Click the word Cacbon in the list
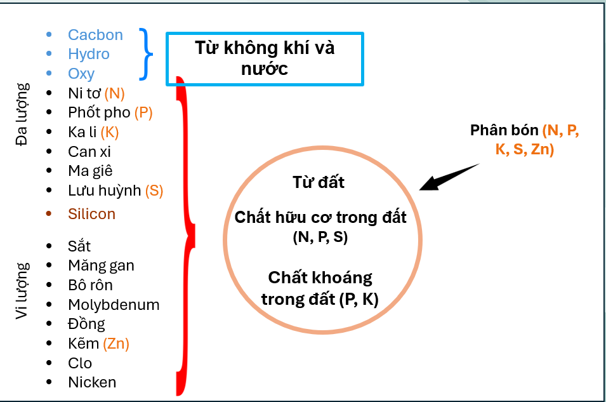click(95, 35)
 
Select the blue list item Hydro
click(89, 55)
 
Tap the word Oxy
click(81, 74)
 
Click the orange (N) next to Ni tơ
click(115, 94)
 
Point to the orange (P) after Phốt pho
click(143, 113)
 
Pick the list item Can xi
click(89, 152)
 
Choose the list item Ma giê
click(90, 171)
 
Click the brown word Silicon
click(91, 214)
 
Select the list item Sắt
click(79, 246)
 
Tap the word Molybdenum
click(114, 305)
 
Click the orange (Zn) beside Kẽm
click(116, 344)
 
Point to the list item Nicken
click(92, 382)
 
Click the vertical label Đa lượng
click(23, 114)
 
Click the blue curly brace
click(147, 55)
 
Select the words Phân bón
click(504, 130)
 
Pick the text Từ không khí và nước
click(265, 58)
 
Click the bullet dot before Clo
click(49, 363)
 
